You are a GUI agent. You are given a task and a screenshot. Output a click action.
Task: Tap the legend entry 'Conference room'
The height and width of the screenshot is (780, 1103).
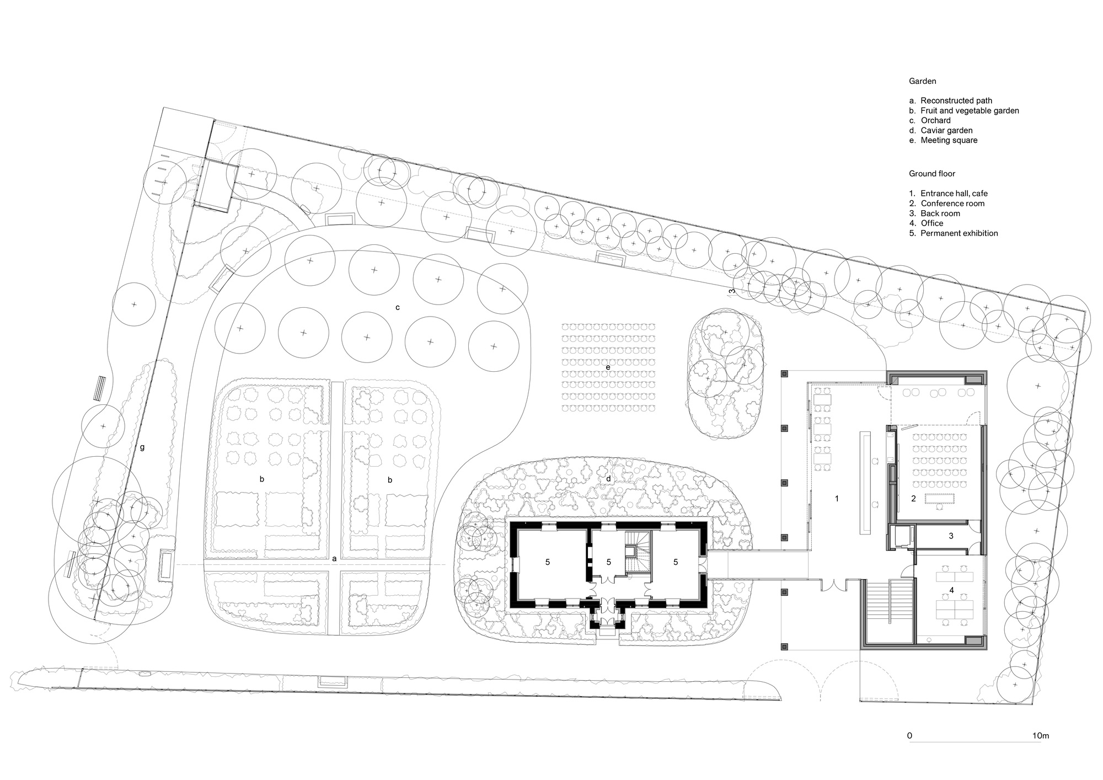[x=952, y=203]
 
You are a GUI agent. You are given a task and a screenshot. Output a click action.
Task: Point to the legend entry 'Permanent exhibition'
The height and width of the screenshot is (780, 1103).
[x=959, y=233]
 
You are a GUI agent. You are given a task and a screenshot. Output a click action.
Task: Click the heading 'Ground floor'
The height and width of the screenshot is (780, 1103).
[x=931, y=173]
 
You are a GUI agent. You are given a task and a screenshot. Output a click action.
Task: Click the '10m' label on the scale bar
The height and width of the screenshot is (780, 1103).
[x=1040, y=735]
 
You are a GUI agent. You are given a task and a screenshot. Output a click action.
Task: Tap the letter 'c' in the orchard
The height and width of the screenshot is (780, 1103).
[x=397, y=307]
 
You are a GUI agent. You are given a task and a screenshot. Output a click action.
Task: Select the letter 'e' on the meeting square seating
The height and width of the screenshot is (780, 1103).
[x=608, y=367]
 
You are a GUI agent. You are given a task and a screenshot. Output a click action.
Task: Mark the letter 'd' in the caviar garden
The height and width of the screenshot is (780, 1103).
[x=608, y=478]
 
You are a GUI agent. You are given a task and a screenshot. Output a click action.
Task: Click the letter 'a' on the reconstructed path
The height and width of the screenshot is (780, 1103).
[x=334, y=558]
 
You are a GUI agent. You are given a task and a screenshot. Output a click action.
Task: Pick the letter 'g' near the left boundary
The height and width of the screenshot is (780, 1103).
[x=142, y=447]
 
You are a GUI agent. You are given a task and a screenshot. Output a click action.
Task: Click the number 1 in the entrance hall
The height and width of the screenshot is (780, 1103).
[x=837, y=498]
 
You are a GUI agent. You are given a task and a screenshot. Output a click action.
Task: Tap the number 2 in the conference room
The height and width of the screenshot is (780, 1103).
[x=913, y=498]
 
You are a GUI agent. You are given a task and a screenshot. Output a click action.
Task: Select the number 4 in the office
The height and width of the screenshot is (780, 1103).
[x=951, y=590]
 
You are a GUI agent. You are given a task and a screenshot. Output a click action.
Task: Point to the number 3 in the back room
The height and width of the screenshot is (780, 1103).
[x=951, y=535]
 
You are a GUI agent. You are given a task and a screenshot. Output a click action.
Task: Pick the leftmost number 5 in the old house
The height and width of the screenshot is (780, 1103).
[x=548, y=562]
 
